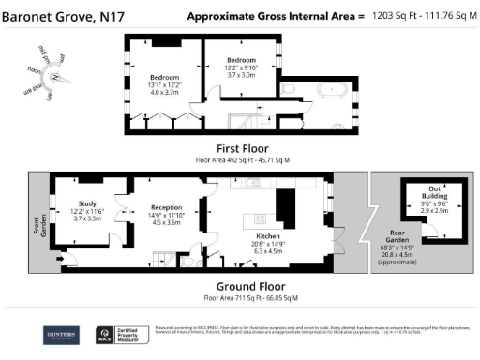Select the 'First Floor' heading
tap(242, 148)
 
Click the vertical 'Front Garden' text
tap(42, 227)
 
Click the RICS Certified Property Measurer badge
tap(118, 335)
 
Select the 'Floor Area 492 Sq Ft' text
tap(242, 159)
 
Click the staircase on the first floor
tap(247, 120)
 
